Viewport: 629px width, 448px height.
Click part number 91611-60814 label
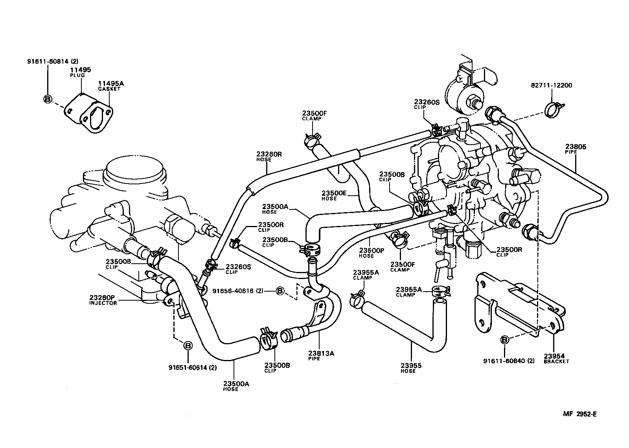pyautogui.click(x=53, y=61)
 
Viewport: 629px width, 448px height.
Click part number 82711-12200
pyautogui.click(x=546, y=85)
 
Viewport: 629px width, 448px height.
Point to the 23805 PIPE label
pyautogui.click(x=576, y=149)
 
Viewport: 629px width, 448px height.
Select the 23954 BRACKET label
pyautogui.click(x=556, y=358)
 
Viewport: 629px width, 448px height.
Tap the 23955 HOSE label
pyautogui.click(x=411, y=368)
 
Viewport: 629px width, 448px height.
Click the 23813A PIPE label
pyautogui.click(x=321, y=356)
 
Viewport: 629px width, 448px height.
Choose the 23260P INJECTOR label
pyautogui.click(x=103, y=300)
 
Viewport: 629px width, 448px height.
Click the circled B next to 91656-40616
pyautogui.click(x=280, y=291)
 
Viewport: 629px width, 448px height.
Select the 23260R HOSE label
pyautogui.click(x=269, y=156)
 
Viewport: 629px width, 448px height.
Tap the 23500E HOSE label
pyautogui.click(x=334, y=195)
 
